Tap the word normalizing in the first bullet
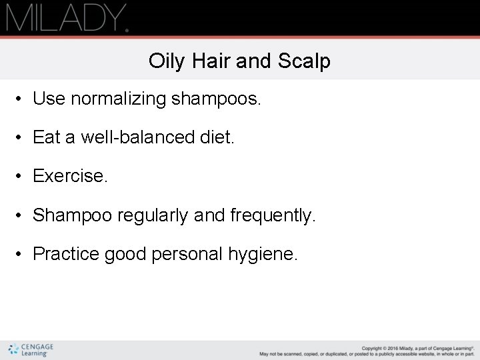118,99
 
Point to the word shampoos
217,99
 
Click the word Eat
47,137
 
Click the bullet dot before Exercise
21,177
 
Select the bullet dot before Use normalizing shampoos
21,100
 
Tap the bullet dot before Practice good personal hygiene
21,255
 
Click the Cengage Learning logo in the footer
31,350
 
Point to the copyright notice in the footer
367,351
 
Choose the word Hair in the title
210,61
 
